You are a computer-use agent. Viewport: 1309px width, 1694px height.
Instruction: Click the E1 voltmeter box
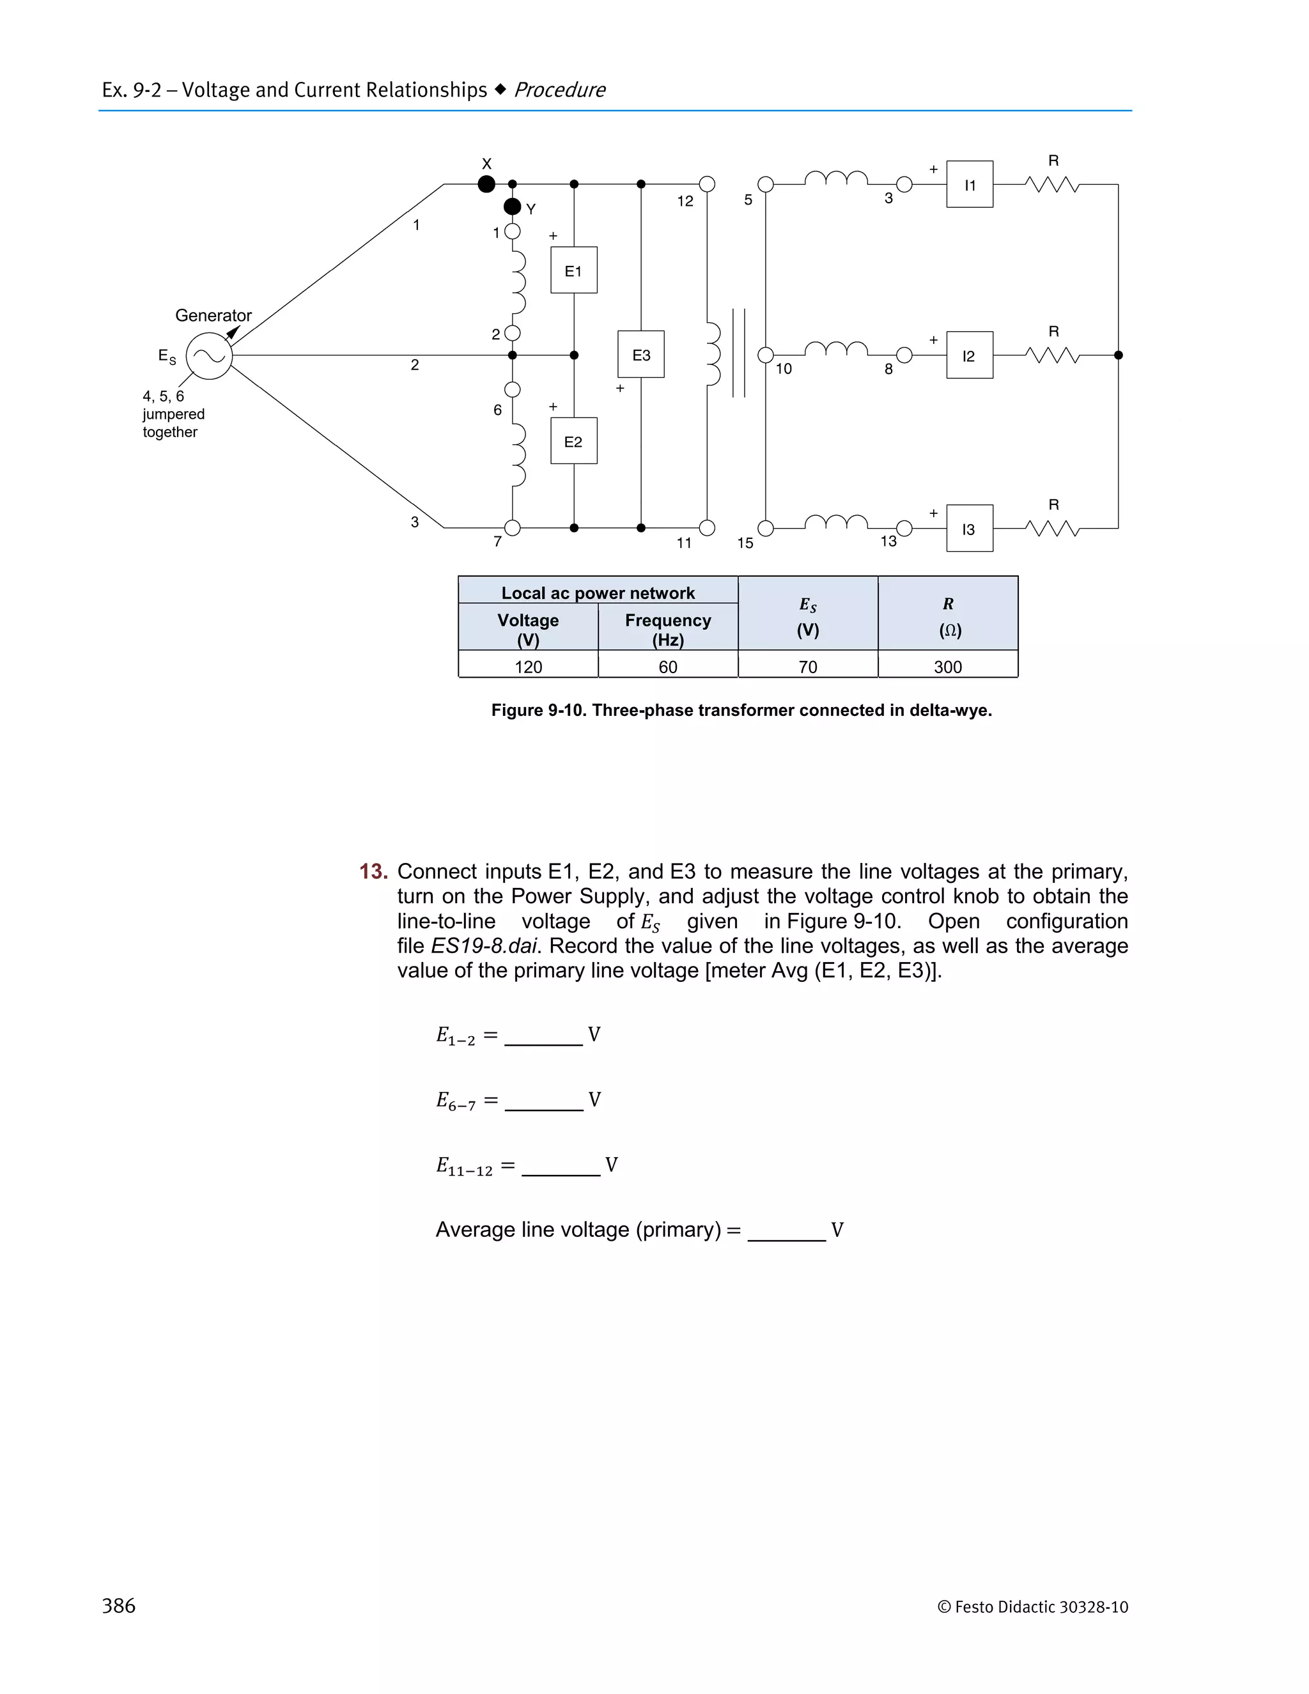coord(574,270)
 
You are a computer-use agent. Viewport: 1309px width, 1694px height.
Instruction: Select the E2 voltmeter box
coord(574,441)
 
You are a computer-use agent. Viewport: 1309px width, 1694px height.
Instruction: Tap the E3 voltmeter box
coord(640,355)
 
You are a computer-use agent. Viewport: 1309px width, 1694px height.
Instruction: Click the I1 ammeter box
coord(970,185)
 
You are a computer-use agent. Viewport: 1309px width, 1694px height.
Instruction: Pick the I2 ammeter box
coord(970,355)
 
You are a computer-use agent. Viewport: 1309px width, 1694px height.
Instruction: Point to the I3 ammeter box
coord(970,529)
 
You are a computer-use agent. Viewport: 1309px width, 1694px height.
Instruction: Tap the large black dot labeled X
coord(486,184)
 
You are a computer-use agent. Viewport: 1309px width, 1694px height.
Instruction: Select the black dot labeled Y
coord(513,206)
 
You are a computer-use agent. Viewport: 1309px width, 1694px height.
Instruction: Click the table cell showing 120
coord(528,666)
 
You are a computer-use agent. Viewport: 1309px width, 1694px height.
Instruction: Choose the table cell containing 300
coord(948,666)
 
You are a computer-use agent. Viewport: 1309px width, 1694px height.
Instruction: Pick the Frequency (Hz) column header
coord(668,629)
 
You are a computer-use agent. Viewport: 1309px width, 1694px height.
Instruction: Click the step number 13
coord(373,871)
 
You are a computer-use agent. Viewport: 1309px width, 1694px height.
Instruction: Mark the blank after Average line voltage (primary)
coord(786,1232)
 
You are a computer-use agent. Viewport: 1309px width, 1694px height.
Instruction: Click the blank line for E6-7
coord(544,1102)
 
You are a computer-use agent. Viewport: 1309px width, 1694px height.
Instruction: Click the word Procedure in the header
coord(559,90)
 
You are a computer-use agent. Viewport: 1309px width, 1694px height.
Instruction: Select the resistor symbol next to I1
coord(1052,185)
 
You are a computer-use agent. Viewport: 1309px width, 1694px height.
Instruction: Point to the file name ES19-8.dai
coord(483,945)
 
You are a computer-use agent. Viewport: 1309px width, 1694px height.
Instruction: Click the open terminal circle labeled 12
coord(706,184)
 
